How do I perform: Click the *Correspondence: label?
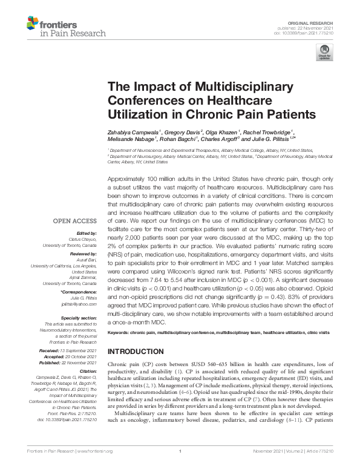point(82,292)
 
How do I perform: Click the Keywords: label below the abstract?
point(121,333)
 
